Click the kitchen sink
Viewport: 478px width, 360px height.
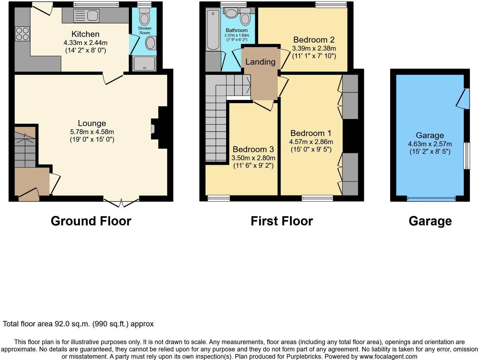click(86, 16)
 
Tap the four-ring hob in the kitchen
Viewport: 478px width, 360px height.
click(22, 34)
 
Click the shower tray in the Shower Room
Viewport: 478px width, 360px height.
click(145, 63)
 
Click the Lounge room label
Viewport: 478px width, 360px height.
click(92, 123)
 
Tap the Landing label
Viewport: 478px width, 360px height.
click(260, 62)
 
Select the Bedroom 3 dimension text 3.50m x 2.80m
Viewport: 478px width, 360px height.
click(253, 158)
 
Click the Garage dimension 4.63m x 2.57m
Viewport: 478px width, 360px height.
click(430, 144)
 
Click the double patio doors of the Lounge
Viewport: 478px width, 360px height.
click(121, 202)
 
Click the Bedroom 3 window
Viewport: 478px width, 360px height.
click(219, 198)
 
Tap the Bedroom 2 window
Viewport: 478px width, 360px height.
click(331, 4)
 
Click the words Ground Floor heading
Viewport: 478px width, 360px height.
click(91, 221)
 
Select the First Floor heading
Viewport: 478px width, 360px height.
click(282, 221)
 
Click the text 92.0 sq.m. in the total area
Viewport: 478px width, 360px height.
click(72, 324)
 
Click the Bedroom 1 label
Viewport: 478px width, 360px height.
click(311, 133)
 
